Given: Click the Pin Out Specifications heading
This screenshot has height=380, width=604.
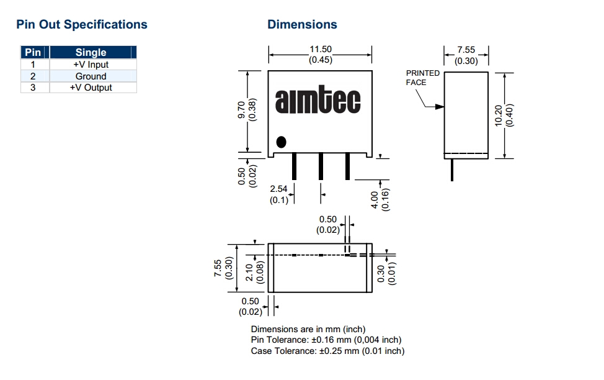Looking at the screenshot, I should click(x=82, y=25).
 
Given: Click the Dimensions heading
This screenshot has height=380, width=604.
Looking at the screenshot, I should click(x=302, y=25).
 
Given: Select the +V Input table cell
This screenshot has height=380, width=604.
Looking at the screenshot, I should click(x=91, y=65).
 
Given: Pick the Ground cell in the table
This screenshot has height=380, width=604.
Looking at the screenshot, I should click(x=91, y=76).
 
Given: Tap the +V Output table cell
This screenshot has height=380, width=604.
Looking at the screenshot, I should click(x=91, y=88).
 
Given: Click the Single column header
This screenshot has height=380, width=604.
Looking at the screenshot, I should click(x=91, y=53).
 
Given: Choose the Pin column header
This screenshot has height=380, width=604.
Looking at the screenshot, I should click(x=33, y=53).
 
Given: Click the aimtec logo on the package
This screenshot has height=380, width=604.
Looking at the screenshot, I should click(x=318, y=101).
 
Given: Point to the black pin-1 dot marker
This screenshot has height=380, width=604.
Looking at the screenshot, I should click(x=282, y=142).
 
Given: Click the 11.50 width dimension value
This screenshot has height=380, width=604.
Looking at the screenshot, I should click(x=321, y=50).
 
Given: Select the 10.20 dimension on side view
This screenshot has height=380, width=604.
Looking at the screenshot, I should click(x=499, y=115).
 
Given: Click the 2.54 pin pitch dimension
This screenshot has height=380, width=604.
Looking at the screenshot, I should click(x=279, y=189).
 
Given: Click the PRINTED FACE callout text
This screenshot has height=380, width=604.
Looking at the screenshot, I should click(x=423, y=78).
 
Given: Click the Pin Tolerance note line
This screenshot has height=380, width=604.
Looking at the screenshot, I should click(x=326, y=340).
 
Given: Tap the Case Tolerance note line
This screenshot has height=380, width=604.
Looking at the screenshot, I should click(x=327, y=351).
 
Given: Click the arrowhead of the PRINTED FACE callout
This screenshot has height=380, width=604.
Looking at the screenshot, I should click(x=441, y=107).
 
